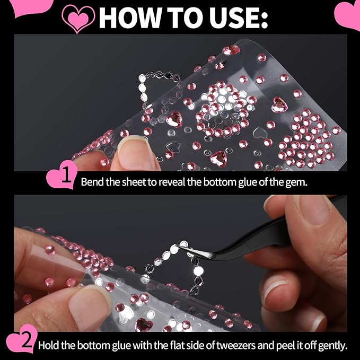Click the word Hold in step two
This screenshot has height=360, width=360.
click(x=48, y=346)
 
